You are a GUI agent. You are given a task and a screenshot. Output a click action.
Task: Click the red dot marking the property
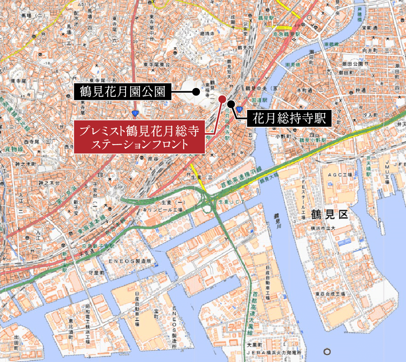tap(222, 99)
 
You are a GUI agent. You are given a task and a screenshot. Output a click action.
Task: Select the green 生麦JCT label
tap(232, 202)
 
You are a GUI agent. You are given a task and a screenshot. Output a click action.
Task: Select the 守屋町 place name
tap(89, 273)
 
